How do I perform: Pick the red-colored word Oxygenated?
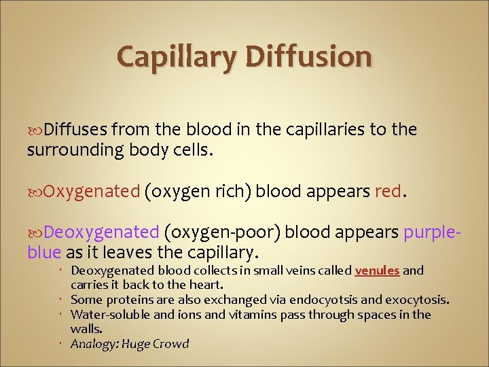coord(92,191)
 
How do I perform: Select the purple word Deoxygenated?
coord(101,233)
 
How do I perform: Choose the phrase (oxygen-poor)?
coord(222,233)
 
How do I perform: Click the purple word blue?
coord(44,254)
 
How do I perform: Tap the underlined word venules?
coord(377,270)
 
